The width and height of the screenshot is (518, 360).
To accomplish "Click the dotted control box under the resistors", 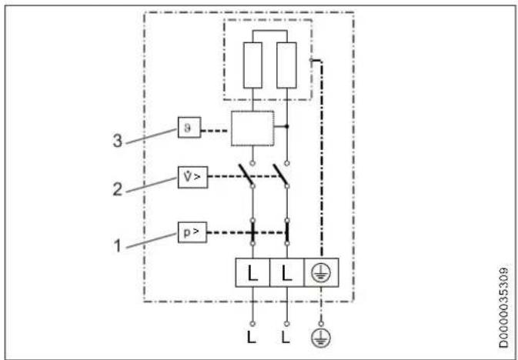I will coord(252,128).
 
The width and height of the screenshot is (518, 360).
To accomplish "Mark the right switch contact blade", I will coord(282,176).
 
